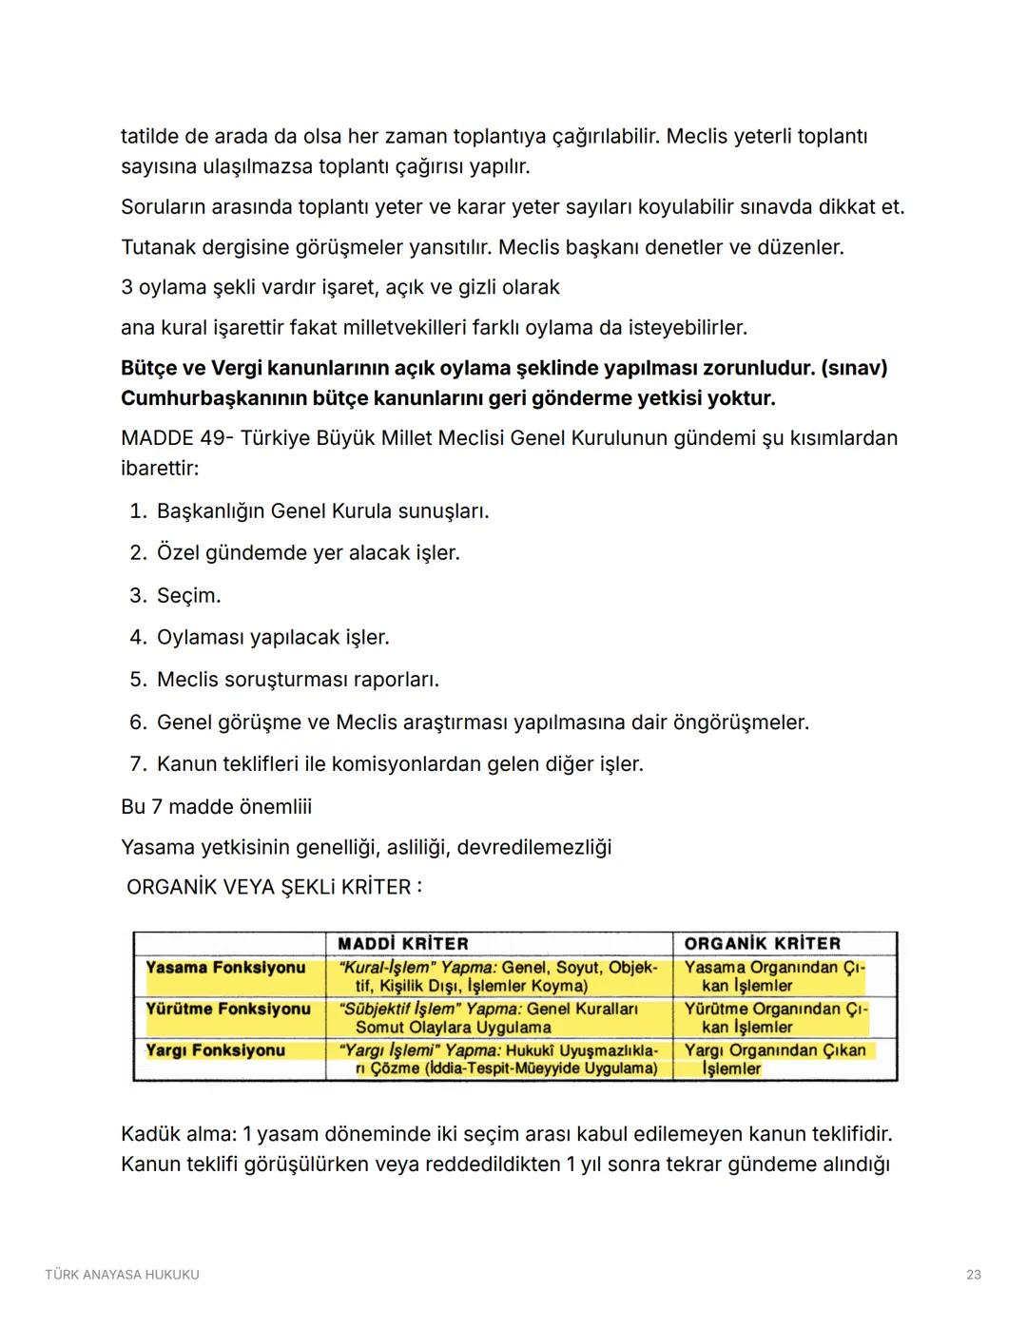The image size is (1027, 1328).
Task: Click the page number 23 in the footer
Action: pyautogui.click(x=973, y=1275)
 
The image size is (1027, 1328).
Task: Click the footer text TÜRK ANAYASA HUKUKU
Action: pyautogui.click(x=122, y=1275)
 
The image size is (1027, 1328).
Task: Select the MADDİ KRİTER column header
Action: pyautogui.click(x=403, y=943)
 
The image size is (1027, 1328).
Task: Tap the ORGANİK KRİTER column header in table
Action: pyautogui.click(x=762, y=943)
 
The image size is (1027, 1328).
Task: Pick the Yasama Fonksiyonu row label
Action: pyautogui.click(x=225, y=968)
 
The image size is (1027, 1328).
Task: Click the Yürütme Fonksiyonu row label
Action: pyautogui.click(x=227, y=1009)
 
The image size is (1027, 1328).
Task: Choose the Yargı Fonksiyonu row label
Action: pyautogui.click(x=215, y=1050)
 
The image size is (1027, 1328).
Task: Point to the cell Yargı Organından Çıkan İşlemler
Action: pyautogui.click(x=774, y=1059)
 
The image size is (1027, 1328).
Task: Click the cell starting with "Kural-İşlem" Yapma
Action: pyautogui.click(x=498, y=976)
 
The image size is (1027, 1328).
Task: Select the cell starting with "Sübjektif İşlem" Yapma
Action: pyautogui.click(x=489, y=1018)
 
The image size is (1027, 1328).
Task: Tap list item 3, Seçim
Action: pyautogui.click(x=188, y=596)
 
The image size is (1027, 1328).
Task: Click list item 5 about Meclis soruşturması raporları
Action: pyautogui.click(x=298, y=680)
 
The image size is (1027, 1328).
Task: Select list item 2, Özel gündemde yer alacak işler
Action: pyautogui.click(x=308, y=553)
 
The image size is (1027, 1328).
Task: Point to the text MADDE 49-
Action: pyautogui.click(x=177, y=438)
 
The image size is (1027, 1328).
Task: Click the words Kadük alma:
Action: pyautogui.click(x=177, y=1134)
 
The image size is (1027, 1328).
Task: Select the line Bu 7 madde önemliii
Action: pyautogui.click(x=216, y=807)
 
